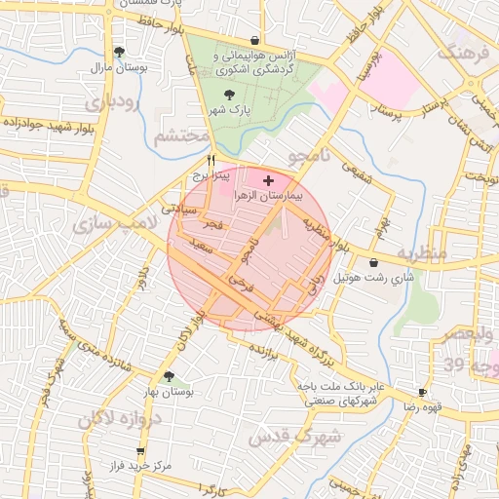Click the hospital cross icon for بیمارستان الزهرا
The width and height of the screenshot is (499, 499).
tap(269, 180)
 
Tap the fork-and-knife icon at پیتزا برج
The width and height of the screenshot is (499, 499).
tap(211, 161)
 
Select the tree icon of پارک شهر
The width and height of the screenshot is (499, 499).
tap(229, 95)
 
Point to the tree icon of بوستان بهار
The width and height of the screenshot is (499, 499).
tap(170, 376)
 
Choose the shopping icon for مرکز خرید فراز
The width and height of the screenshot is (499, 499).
tap(141, 451)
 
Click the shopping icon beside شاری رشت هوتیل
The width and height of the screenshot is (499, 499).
tap(373, 262)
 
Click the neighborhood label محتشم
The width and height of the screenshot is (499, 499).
tap(182, 136)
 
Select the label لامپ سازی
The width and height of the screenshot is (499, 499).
tap(107, 223)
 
